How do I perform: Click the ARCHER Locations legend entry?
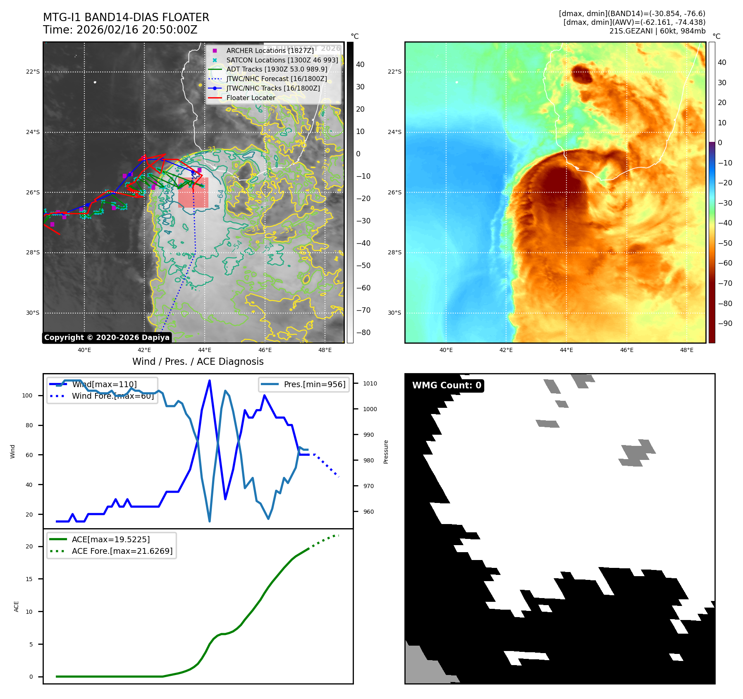[x=270, y=50]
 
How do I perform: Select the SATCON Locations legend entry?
[x=282, y=60]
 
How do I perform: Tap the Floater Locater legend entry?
[x=251, y=98]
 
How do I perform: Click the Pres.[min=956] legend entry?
[x=314, y=384]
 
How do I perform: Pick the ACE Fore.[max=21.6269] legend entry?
[x=122, y=551]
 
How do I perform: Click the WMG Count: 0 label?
[x=447, y=385]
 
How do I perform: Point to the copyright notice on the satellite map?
[x=107, y=338]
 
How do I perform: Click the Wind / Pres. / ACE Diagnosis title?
[x=198, y=361]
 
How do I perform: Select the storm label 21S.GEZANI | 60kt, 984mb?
[x=657, y=31]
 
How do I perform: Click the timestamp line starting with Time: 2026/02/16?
[x=120, y=30]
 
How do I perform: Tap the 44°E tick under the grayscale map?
[x=205, y=350]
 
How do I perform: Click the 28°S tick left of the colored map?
[x=394, y=252]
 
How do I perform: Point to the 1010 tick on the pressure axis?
[x=370, y=383]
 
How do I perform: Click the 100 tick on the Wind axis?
[x=27, y=395]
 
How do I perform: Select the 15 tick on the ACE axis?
[x=29, y=579]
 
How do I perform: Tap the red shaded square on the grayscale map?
[x=193, y=192]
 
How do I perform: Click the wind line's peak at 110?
[x=210, y=380]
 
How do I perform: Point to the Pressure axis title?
[x=386, y=452]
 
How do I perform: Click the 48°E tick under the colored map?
[x=687, y=350]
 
